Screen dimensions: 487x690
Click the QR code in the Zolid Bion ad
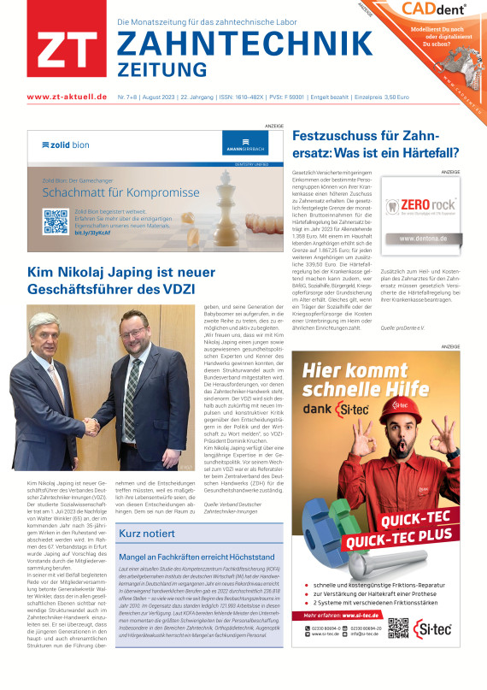pyautogui.click(x=56, y=221)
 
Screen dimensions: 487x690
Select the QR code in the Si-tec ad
pyautogui.click(x=399, y=627)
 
